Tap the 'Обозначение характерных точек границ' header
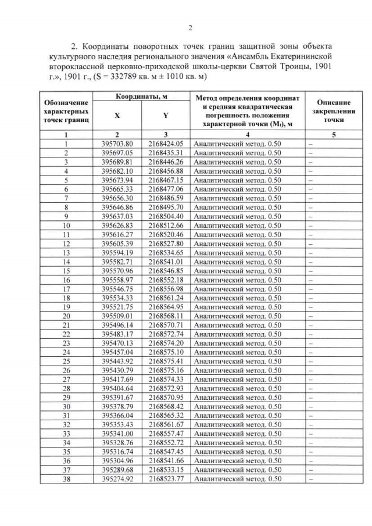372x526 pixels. point(66,110)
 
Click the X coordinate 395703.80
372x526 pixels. point(117,143)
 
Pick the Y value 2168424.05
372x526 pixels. point(166,143)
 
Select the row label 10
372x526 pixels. point(66,225)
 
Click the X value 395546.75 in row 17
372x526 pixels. point(117,288)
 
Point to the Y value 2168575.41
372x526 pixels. point(166,361)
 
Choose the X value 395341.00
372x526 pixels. point(117,434)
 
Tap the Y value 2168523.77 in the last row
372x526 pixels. point(166,479)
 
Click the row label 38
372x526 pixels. point(66,479)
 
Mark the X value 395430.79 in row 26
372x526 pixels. point(117,370)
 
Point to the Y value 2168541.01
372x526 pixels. point(166,261)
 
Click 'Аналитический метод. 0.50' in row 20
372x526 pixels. point(237,316)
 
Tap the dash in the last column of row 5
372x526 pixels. point(310,180)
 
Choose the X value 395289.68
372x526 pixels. point(117,470)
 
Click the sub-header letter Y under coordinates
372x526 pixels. point(166,115)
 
